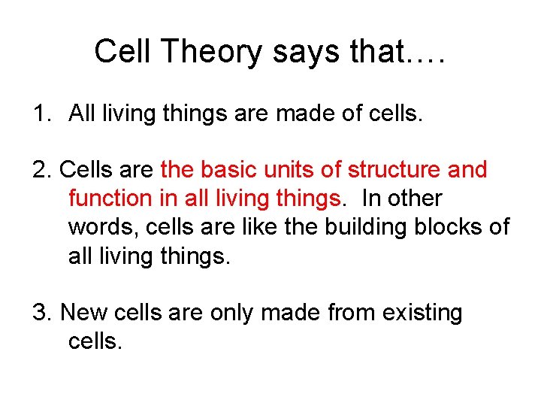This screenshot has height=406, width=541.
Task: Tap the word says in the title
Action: (x=298, y=53)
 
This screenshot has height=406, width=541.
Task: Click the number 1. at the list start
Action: (x=41, y=114)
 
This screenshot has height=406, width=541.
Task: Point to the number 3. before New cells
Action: (x=43, y=312)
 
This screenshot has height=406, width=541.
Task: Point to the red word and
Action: (x=467, y=170)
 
